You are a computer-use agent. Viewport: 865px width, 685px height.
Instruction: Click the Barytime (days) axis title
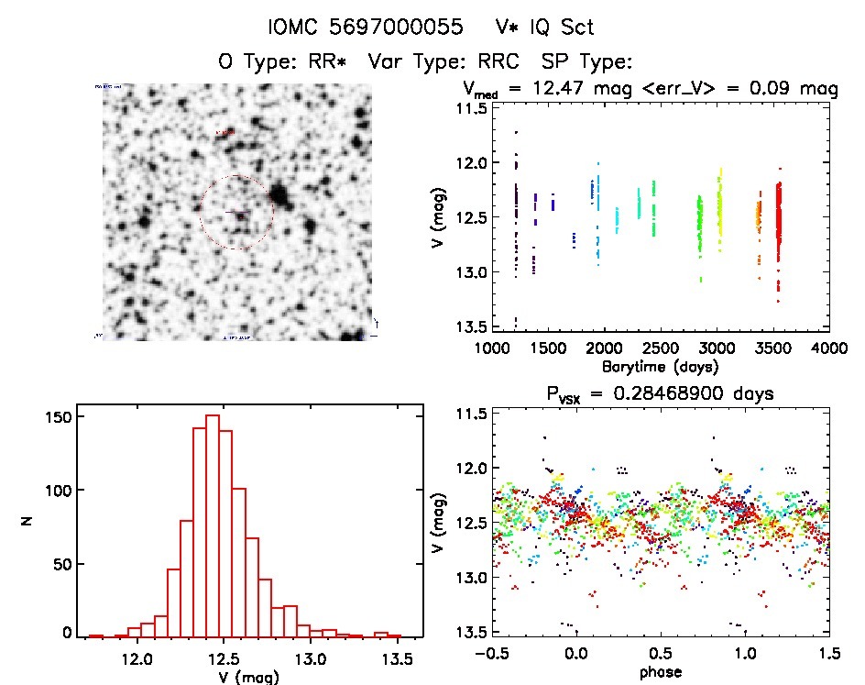(660, 367)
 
